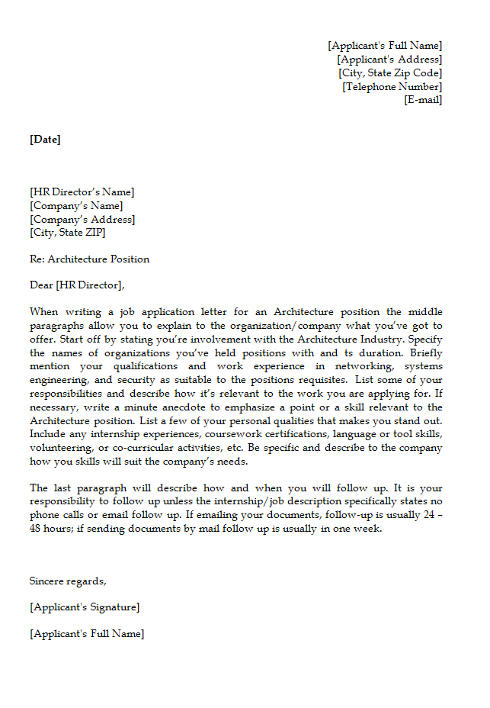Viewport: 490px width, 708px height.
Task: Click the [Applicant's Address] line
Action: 389,60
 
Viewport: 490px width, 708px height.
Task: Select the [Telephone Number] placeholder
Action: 392,87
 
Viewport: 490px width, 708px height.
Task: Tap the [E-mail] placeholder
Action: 423,100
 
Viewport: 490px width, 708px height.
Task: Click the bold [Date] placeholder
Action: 45,139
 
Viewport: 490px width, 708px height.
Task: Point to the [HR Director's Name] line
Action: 82,192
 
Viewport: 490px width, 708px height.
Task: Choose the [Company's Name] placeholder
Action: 76,206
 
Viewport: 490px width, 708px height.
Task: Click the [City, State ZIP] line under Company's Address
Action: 68,233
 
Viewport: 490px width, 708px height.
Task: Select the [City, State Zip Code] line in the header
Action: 390,73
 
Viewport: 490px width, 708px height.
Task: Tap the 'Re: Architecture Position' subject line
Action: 89,259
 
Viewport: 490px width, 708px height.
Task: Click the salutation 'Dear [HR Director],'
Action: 76,285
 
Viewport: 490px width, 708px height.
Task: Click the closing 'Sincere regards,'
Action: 68,581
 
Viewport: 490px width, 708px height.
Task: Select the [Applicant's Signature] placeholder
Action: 85,607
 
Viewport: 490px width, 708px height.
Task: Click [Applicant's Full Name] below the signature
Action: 87,634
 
